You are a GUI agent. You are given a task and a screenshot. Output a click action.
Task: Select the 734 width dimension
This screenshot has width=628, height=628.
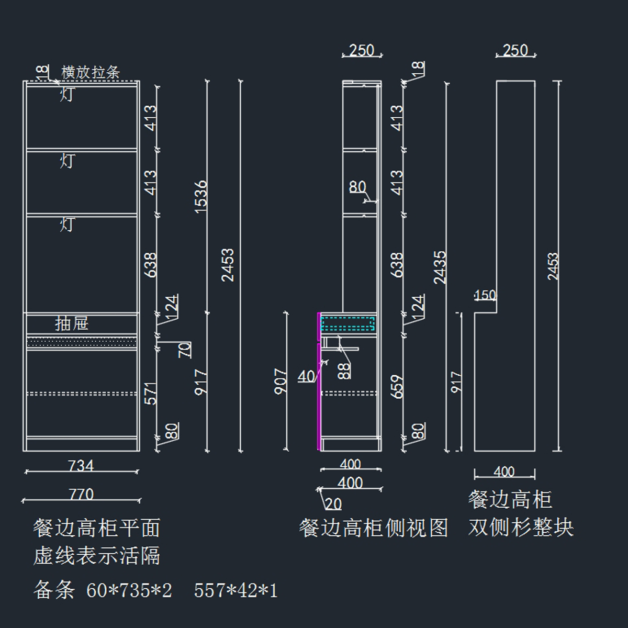81,465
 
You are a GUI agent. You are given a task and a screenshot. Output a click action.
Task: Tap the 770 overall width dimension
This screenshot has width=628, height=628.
81,494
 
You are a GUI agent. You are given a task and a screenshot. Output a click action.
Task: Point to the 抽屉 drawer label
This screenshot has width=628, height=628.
72,323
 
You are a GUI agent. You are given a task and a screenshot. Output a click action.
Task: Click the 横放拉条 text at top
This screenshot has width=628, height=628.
91,72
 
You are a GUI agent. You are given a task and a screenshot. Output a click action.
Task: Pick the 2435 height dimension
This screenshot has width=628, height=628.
440,267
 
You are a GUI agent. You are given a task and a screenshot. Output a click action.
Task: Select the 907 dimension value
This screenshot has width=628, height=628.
281,382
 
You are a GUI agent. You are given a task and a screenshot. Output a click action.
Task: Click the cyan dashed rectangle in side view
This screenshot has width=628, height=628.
348,324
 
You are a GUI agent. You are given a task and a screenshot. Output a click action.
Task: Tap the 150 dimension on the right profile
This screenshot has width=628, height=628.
485,295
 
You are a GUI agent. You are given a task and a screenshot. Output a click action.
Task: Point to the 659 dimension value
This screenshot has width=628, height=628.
398,387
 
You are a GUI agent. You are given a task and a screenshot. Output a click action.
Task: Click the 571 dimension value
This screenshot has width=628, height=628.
151,394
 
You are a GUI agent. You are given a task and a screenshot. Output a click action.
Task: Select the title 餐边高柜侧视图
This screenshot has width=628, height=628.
374,528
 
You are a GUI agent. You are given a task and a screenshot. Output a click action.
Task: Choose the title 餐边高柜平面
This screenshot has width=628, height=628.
97,528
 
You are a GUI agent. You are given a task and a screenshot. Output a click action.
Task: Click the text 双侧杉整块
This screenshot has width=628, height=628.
521,528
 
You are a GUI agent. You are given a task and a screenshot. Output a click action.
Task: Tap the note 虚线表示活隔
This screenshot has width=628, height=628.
97,556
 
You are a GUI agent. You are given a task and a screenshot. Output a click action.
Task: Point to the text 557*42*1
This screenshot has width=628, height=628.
235,591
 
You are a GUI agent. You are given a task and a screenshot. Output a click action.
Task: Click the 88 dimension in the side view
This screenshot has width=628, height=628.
344,371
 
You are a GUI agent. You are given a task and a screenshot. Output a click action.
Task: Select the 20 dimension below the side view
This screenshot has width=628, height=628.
333,504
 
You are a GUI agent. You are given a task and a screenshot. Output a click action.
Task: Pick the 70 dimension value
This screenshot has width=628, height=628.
185,350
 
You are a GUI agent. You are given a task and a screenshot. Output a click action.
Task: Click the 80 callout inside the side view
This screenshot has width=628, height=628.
357,187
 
